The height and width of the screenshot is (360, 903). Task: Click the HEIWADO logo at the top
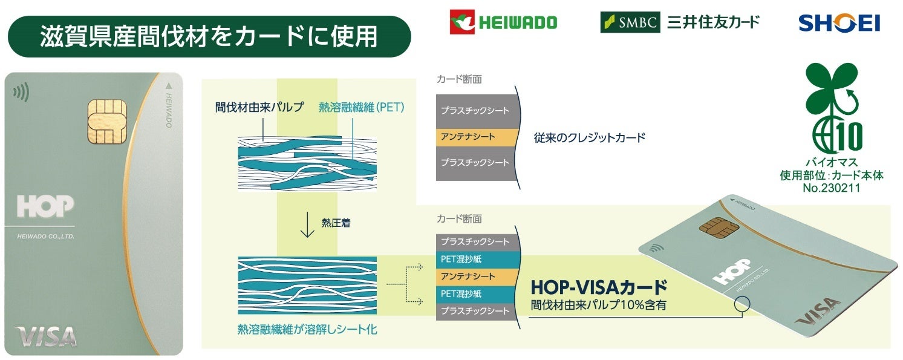503,22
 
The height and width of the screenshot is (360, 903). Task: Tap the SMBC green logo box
630,22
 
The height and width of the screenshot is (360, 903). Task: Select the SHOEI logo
839,23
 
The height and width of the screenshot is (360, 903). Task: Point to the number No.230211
832,188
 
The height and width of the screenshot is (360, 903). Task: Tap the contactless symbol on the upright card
21,93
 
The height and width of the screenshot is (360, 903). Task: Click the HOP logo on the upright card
45,207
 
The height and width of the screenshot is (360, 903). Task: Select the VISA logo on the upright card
46,336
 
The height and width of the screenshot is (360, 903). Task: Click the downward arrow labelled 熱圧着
307,224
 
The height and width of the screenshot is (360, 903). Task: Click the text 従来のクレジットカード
589,137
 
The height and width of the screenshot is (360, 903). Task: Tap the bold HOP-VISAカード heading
599,286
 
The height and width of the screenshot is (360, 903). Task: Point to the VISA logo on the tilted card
817,310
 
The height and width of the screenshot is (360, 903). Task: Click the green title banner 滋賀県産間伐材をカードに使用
209,36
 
